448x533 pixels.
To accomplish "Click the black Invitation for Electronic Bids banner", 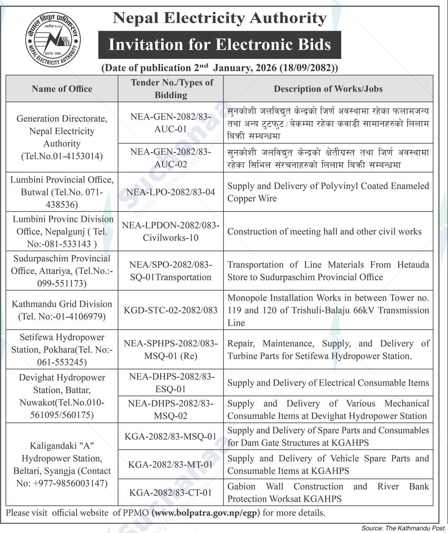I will [x=220, y=45].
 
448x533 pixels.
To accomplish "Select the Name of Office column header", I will [x=62, y=89].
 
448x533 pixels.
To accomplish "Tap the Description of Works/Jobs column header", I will [x=328, y=89].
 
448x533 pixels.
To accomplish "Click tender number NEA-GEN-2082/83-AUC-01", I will [x=170, y=123].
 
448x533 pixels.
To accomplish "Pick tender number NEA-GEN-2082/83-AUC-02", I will [x=170, y=158].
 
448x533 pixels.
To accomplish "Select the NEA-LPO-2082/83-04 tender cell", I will [x=170, y=192].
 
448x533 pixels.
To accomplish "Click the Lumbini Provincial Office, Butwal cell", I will [x=62, y=192].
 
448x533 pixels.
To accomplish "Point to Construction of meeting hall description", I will [x=324, y=232].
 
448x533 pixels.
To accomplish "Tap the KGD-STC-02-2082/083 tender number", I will [x=170, y=310].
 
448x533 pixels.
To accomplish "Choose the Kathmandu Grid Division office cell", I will [x=62, y=310].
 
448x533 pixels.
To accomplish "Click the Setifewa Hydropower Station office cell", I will [x=62, y=350].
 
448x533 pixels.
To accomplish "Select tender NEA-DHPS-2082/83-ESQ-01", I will [x=170, y=383].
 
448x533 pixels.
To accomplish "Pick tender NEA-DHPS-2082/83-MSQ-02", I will [x=170, y=409].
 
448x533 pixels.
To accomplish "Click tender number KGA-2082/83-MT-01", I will [x=170, y=464].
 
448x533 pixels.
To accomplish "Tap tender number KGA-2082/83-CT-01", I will [x=170, y=492].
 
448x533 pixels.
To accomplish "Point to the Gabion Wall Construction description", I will [x=328, y=492].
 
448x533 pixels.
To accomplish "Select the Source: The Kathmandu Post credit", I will [x=403, y=528].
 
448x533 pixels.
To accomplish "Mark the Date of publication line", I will [x=220, y=68].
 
